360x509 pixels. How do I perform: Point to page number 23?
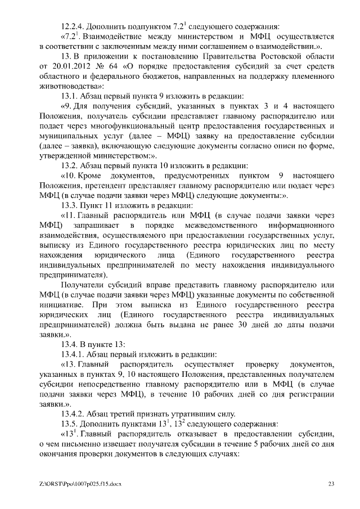click(331, 484)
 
